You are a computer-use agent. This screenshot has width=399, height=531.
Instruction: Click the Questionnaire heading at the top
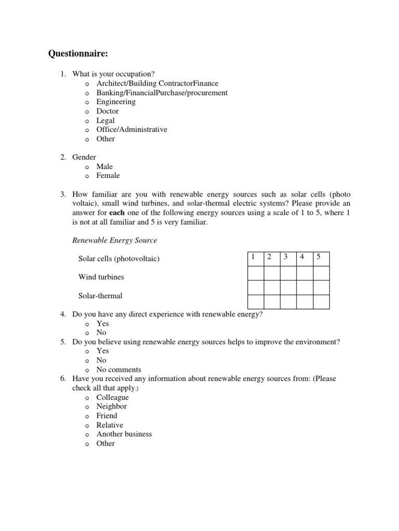coord(82,53)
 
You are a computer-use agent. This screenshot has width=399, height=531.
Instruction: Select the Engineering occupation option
coord(116,102)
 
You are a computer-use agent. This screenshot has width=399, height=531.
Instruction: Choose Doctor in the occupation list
coord(108,111)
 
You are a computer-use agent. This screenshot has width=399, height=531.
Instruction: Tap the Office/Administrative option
coord(132,130)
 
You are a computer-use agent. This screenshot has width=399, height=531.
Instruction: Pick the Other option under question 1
coord(105,139)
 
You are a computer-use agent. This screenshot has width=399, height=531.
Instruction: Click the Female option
coord(108,176)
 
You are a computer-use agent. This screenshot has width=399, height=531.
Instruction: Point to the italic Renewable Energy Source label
coord(114,241)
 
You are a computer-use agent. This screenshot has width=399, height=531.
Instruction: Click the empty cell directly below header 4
coord(304,273)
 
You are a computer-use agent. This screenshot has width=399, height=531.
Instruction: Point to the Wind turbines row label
coord(101,277)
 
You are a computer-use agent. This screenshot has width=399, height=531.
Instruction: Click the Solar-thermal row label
coord(100,296)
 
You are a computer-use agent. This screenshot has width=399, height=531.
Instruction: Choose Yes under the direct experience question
coord(103,324)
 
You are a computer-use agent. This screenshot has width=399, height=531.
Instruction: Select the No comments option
coord(119,370)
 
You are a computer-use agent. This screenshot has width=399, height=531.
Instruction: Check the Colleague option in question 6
coord(112,397)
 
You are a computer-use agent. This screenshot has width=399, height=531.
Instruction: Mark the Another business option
coord(124,434)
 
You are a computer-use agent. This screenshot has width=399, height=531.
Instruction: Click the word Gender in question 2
coord(84,157)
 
